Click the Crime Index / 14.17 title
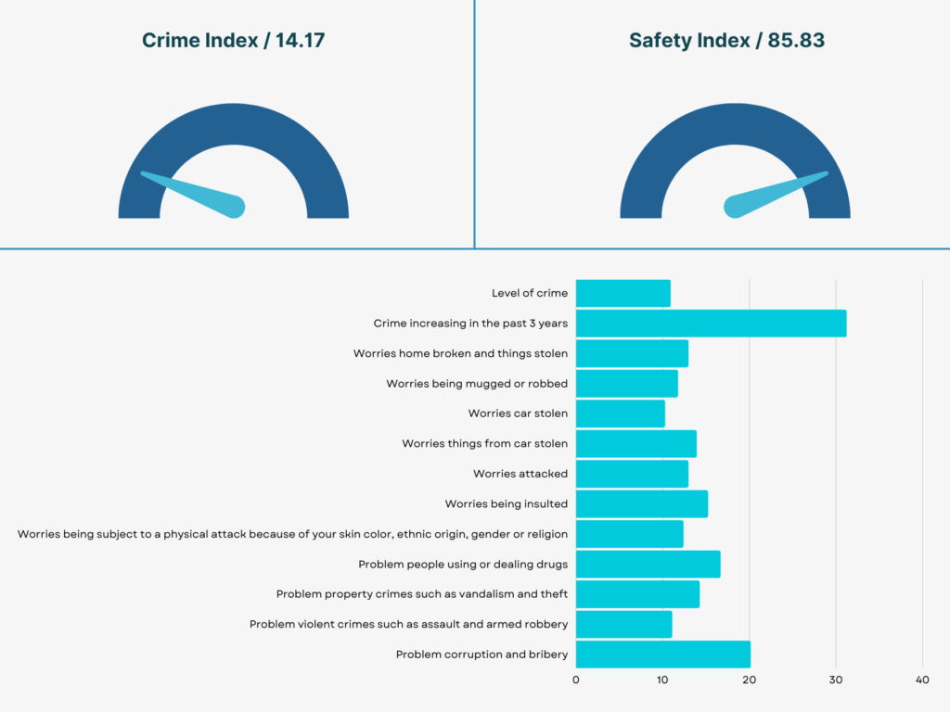pos(233,41)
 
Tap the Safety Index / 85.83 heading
pos(726,41)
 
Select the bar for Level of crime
pos(623,294)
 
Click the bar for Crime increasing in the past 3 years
pos(711,324)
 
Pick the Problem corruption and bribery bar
pos(662,655)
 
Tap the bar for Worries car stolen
pos(620,413)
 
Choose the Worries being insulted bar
pos(641,504)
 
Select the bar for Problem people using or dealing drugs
pos(648,564)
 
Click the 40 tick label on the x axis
pos(922,680)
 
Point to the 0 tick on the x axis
pos(576,680)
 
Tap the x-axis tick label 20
pos(749,680)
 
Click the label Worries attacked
pos(520,474)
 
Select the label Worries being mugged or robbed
pos(477,384)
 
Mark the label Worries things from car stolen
pos(484,444)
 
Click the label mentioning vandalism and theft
pos(422,594)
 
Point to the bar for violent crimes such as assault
pos(623,624)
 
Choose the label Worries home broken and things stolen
pos(460,353)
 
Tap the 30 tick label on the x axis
pos(836,680)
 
